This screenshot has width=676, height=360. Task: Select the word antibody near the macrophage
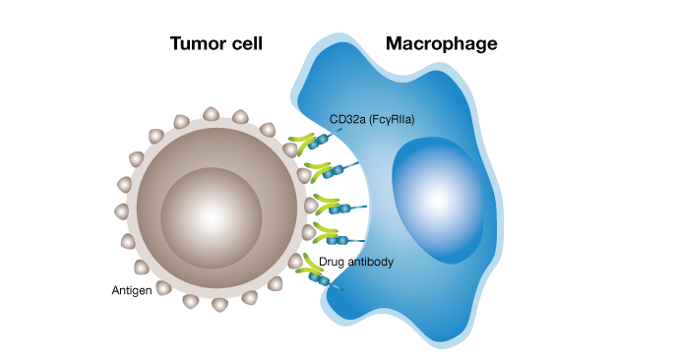[x=372, y=262]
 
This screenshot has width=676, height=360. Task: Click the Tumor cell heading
[x=216, y=44]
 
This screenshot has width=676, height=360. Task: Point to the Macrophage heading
[x=441, y=44]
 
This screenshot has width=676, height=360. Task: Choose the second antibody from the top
[x=317, y=171]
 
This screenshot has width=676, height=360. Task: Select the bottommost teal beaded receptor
[x=326, y=281]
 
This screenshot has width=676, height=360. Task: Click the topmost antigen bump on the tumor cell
[x=211, y=114]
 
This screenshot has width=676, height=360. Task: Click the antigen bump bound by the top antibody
[x=290, y=150]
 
